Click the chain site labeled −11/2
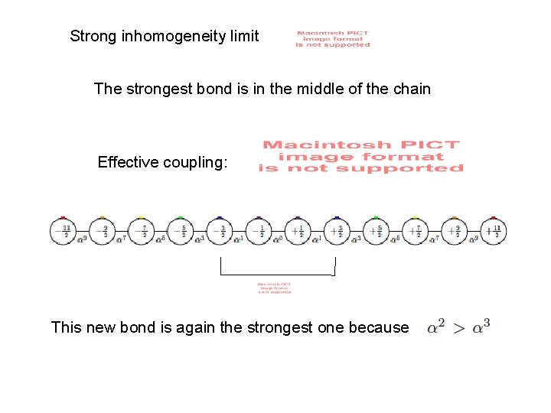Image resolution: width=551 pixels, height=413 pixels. click(x=63, y=232)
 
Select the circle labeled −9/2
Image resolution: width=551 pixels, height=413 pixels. click(x=102, y=232)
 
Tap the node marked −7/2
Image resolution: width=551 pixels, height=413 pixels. click(x=141, y=232)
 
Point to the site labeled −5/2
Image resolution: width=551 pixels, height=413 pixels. click(x=180, y=232)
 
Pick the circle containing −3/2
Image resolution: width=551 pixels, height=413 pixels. click(x=220, y=232)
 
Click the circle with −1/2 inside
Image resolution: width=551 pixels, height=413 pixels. click(x=259, y=232)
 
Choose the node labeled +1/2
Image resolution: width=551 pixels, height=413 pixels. click(x=298, y=232)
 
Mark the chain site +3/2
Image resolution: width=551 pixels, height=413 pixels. click(x=337, y=232)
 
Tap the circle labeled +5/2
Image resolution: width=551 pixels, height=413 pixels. click(x=376, y=232)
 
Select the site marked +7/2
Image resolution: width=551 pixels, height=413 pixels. click(x=415, y=232)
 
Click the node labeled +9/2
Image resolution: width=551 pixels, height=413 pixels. click(x=454, y=232)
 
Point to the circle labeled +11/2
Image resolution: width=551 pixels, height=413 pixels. click(x=494, y=232)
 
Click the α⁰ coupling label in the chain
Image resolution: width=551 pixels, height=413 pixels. click(x=278, y=239)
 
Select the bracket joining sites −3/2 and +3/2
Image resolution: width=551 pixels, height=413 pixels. click(x=278, y=274)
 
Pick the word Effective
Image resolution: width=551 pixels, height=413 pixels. click(x=127, y=162)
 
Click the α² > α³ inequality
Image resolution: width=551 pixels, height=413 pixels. click(x=458, y=327)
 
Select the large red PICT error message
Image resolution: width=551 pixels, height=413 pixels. click(x=361, y=156)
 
